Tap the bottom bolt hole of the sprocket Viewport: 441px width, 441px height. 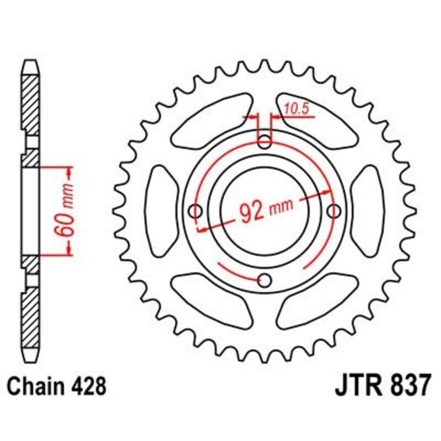[x=265, y=281]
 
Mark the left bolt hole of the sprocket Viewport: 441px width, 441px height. [x=196, y=211]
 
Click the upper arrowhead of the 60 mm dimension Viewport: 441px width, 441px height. [x=69, y=172]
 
